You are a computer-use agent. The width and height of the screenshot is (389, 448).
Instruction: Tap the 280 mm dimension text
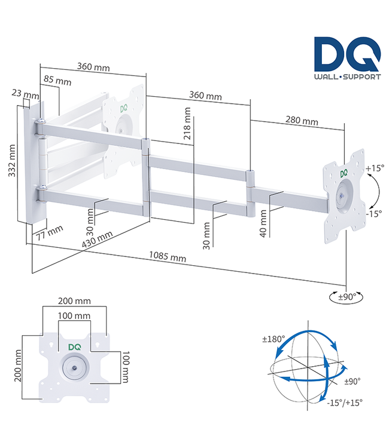point(301,121)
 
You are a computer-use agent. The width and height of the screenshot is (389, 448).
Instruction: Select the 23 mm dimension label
point(25,94)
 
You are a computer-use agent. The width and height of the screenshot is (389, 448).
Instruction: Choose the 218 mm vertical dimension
point(188,124)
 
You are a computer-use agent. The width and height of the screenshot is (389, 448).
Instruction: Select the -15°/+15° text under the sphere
point(346,401)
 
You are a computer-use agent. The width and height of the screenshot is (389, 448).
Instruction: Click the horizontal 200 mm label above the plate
point(74,301)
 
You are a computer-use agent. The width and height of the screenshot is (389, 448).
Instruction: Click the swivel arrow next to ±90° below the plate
point(337,296)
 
